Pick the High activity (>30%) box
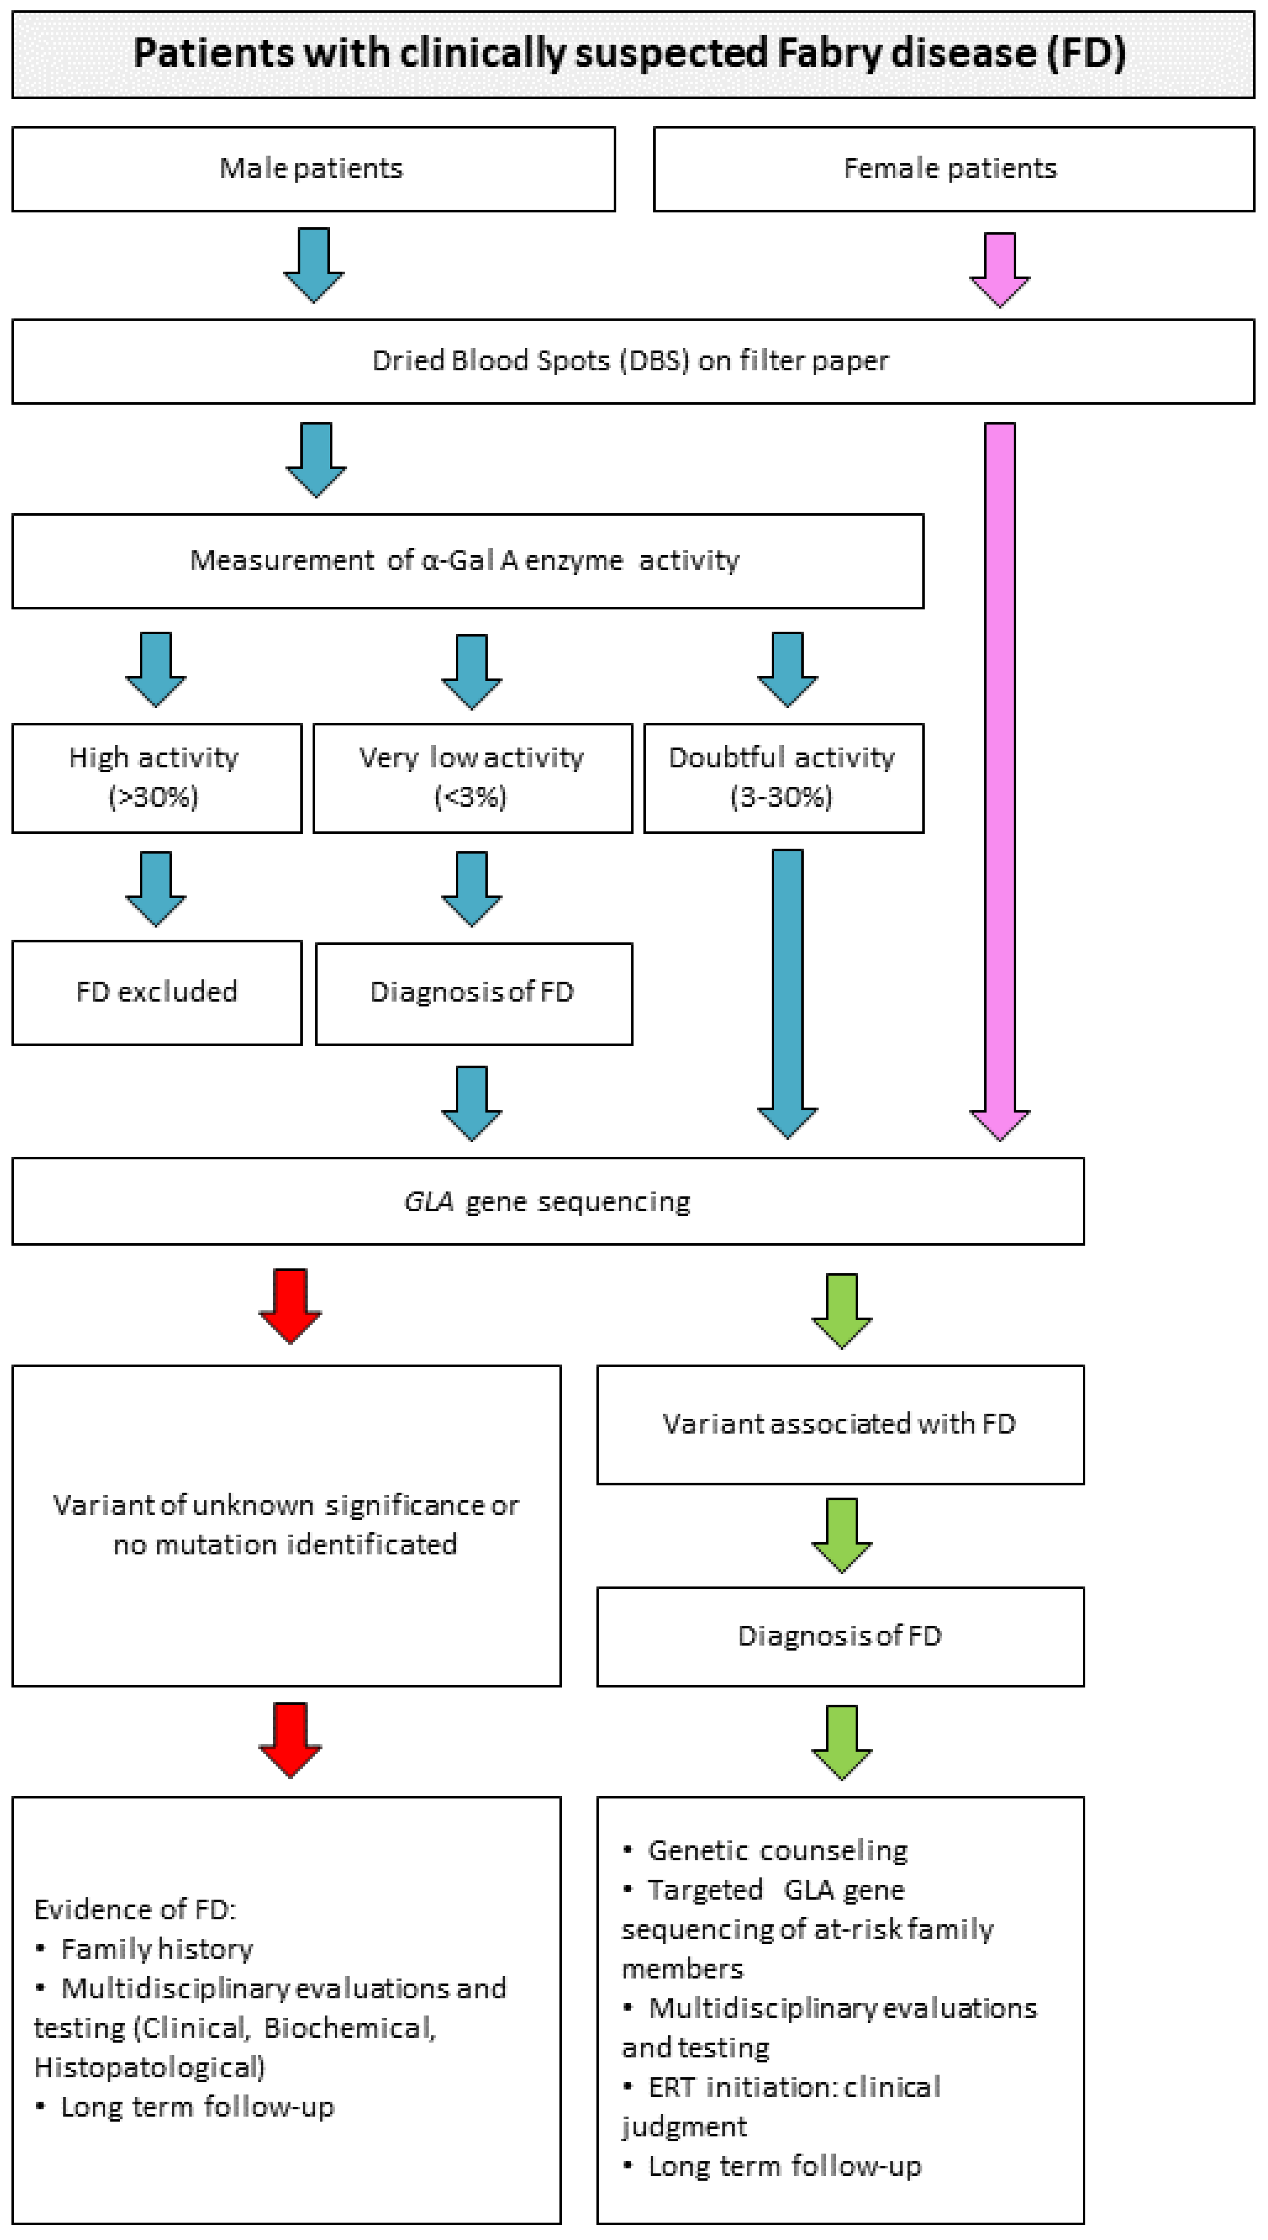pyautogui.click(x=157, y=778)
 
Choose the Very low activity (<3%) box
pyautogui.click(x=472, y=778)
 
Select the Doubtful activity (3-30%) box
pyautogui.click(x=783, y=778)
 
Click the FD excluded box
pyautogui.click(x=157, y=992)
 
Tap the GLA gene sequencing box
pyautogui.click(x=547, y=1201)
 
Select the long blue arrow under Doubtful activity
pyautogui.click(x=787, y=992)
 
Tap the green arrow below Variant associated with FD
pyautogui.click(x=841, y=1535)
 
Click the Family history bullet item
pyautogui.click(x=157, y=1949)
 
